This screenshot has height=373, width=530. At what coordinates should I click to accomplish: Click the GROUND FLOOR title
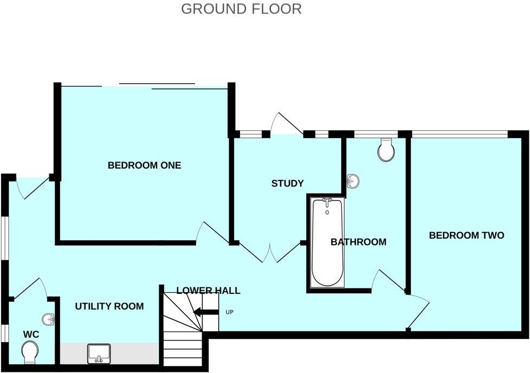tap(241, 9)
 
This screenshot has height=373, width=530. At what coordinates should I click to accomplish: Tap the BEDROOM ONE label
tap(144, 165)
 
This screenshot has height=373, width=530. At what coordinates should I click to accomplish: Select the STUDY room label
tap(287, 183)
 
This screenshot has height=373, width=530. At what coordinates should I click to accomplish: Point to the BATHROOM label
tap(358, 242)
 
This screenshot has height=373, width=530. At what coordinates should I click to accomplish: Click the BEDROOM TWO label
tap(467, 235)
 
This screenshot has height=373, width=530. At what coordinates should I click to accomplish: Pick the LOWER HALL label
tap(208, 291)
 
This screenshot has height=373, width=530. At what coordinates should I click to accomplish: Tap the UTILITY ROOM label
tap(109, 306)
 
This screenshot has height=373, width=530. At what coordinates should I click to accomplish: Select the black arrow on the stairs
tap(205, 312)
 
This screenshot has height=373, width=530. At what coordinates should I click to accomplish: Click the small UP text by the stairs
tap(229, 312)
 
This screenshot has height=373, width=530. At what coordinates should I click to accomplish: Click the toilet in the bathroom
tap(386, 150)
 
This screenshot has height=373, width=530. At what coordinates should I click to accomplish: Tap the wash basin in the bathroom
tap(353, 182)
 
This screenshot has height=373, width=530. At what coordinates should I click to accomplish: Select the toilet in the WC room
tap(31, 352)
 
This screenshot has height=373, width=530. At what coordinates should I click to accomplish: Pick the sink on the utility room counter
tap(99, 353)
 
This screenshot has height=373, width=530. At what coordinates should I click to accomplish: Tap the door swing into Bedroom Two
tap(418, 309)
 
